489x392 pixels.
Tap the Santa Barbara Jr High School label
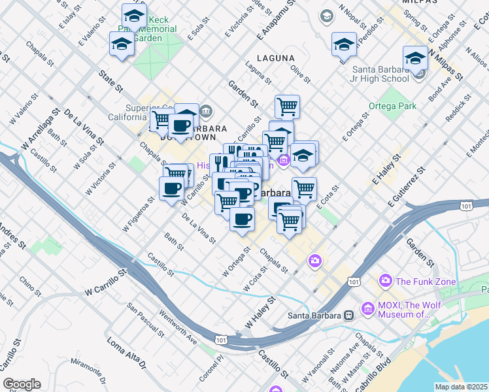tap(380, 74)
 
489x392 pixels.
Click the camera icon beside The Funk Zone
tap(385, 281)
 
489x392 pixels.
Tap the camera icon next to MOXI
tap(367, 306)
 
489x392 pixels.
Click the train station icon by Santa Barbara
tap(349, 316)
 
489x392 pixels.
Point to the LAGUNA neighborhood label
tap(275, 58)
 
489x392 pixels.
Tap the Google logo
tap(22, 384)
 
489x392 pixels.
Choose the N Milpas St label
tap(445, 63)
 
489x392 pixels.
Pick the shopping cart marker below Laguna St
tap(287, 106)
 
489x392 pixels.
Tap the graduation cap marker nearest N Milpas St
tap(415, 58)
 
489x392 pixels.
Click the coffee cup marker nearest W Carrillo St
tap(172, 189)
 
